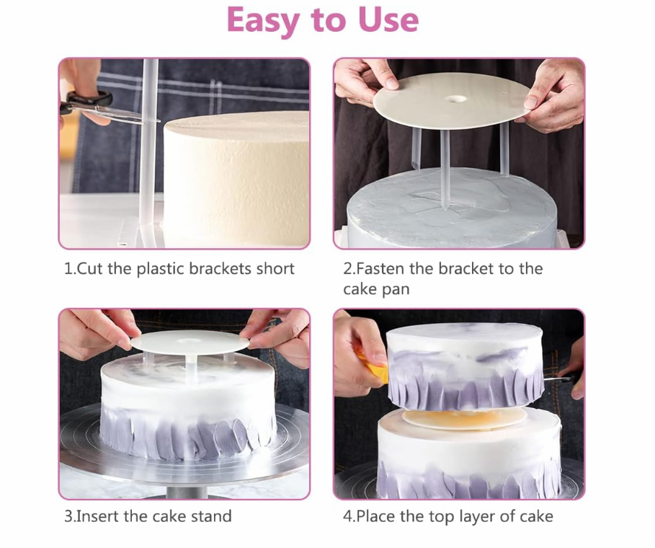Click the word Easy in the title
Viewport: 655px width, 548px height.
click(x=264, y=21)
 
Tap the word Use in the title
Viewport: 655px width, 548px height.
click(x=388, y=19)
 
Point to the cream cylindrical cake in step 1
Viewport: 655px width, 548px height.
click(x=236, y=179)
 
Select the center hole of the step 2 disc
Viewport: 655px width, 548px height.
click(x=456, y=100)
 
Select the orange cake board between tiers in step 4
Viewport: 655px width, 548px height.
click(x=465, y=418)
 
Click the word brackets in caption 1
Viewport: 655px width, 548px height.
click(x=220, y=269)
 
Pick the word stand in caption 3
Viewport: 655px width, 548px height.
click(x=211, y=516)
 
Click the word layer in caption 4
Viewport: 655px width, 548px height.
click(x=478, y=517)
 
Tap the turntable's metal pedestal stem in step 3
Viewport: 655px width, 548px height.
click(x=187, y=492)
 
